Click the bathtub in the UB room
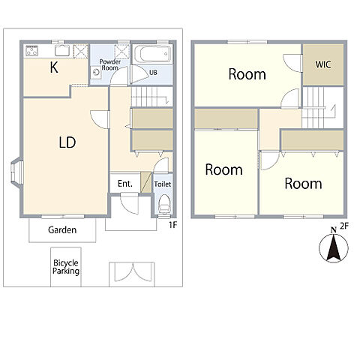pyautogui.click(x=152, y=54)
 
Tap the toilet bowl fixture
pyautogui.click(x=164, y=204)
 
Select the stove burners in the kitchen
pyautogui.click(x=32, y=50)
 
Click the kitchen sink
pyautogui.click(x=62, y=50)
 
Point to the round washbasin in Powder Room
pyautogui.click(x=96, y=73)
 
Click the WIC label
pyautogui.click(x=323, y=64)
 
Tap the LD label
pyautogui.click(x=67, y=142)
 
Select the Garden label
pyautogui.click(x=62, y=229)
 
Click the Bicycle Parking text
pyautogui.click(x=66, y=267)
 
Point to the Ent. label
pyautogui.click(x=125, y=184)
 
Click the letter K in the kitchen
pyautogui.click(x=54, y=67)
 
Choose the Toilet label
pyautogui.click(x=163, y=184)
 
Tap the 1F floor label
pyautogui.click(x=173, y=225)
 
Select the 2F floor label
pyautogui.click(x=344, y=226)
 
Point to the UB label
pyautogui.click(x=153, y=73)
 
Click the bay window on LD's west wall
pyautogui.click(x=17, y=171)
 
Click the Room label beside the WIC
pyautogui.click(x=247, y=74)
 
